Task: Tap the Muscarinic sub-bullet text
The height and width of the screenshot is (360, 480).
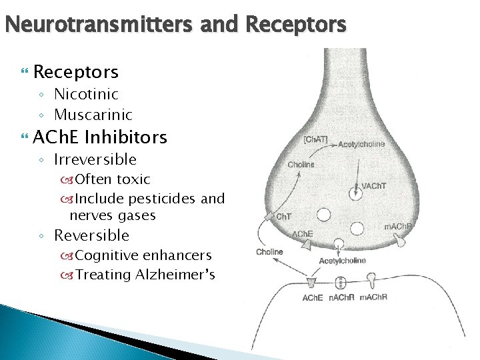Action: [x=93, y=115]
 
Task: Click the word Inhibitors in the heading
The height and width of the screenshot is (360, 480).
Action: [x=126, y=137]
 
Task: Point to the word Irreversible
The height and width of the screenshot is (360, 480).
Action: [x=95, y=159]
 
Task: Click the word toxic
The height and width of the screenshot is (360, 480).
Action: [x=133, y=179]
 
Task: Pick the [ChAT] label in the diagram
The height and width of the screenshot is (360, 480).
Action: [x=315, y=139]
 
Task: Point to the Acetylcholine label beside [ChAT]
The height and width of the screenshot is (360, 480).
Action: [x=364, y=143]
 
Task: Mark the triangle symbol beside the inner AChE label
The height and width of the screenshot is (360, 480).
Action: [x=306, y=245]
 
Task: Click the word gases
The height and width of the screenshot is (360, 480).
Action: [x=137, y=215]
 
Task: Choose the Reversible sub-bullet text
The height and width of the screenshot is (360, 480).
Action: [x=91, y=235]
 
